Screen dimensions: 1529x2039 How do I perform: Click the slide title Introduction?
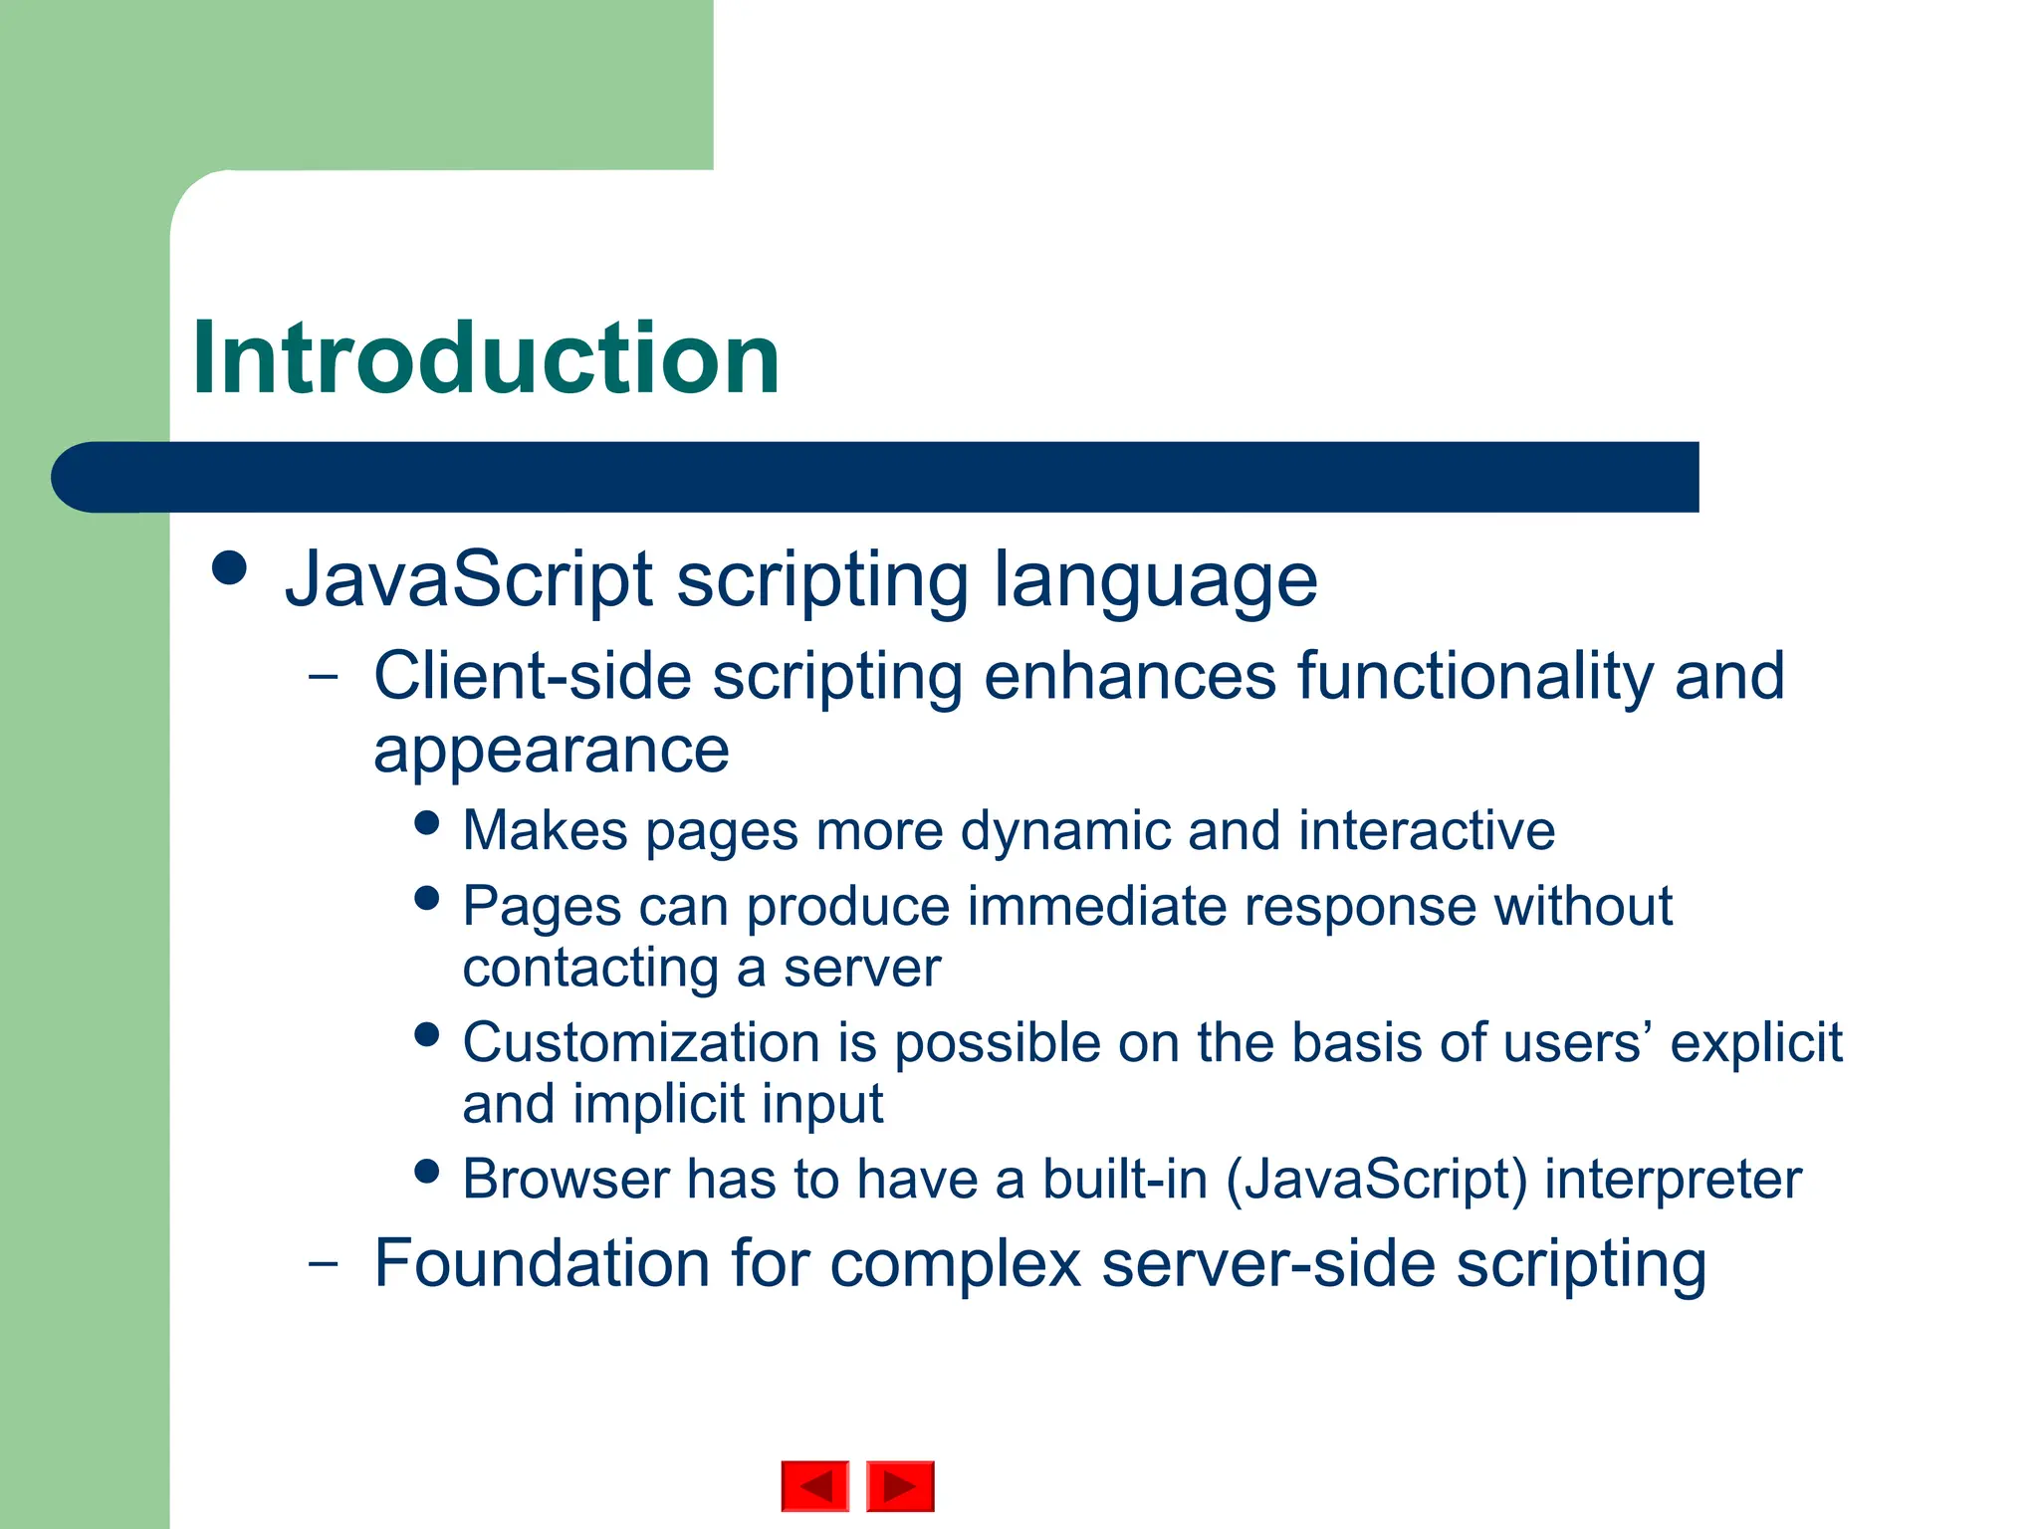click(x=486, y=358)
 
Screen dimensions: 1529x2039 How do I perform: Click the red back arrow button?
click(x=815, y=1486)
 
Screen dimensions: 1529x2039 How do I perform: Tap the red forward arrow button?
click(x=900, y=1486)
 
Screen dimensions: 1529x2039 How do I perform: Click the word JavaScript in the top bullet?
click(x=469, y=579)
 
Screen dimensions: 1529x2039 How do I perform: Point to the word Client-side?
click(x=532, y=676)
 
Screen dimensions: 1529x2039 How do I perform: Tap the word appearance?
click(x=551, y=753)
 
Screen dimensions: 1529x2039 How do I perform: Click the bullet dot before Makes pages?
click(x=427, y=823)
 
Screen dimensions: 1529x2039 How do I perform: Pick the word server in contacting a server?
click(x=861, y=969)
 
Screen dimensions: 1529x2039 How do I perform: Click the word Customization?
click(x=641, y=1043)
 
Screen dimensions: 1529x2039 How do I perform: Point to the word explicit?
click(x=1755, y=1043)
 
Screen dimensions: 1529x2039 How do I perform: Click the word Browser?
click(x=566, y=1180)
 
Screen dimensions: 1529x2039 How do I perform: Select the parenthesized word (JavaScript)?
click(x=1376, y=1181)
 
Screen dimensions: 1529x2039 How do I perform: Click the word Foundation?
click(x=542, y=1264)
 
